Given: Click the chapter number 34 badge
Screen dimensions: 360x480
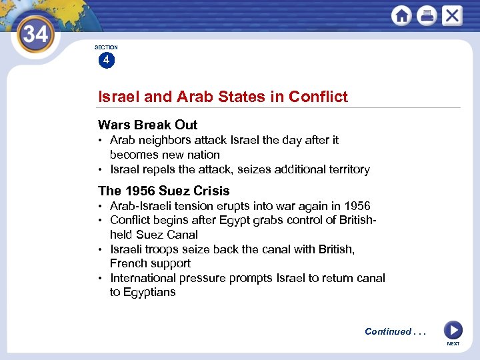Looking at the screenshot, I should pyautogui.click(x=35, y=33).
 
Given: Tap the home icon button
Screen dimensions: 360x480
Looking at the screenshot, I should pyautogui.click(x=401, y=15).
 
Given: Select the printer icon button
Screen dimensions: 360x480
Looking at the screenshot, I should pyautogui.click(x=427, y=15).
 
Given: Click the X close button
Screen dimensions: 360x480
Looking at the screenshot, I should pyautogui.click(x=452, y=15).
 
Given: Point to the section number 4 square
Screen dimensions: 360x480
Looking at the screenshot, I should pyautogui.click(x=105, y=61).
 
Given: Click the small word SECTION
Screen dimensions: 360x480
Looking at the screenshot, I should pyautogui.click(x=106, y=47).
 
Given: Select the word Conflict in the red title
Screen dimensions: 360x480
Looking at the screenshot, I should pyautogui.click(x=318, y=97).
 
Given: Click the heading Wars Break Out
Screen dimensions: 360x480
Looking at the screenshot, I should pyautogui.click(x=147, y=125).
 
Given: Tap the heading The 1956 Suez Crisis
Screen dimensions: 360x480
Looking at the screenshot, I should pyautogui.click(x=163, y=191).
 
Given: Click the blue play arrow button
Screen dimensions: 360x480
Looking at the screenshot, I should pyautogui.click(x=453, y=330).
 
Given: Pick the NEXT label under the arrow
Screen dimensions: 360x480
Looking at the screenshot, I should pyautogui.click(x=453, y=344).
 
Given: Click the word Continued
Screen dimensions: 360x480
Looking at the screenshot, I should pyautogui.click(x=388, y=331).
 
